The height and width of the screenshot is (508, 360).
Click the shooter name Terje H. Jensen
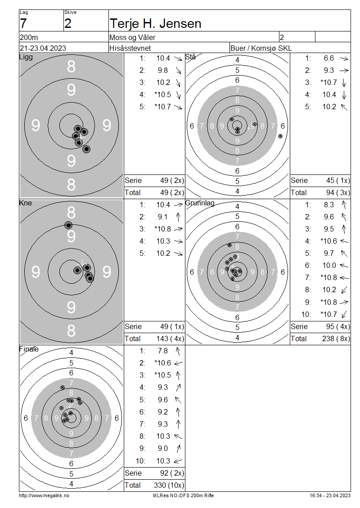(x=155, y=24)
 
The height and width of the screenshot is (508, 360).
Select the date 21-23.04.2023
(x=43, y=48)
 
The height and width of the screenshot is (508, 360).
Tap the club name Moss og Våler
(x=132, y=38)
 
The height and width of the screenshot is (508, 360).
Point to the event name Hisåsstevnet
(x=130, y=48)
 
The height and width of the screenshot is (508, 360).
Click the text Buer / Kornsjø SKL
(x=261, y=48)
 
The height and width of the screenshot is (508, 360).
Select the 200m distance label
(x=29, y=38)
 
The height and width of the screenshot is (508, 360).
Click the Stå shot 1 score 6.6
(x=328, y=58)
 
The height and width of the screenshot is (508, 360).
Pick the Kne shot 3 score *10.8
(x=162, y=229)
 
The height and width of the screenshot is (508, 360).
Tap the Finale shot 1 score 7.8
(x=163, y=351)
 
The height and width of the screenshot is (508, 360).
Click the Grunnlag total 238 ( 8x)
(x=336, y=339)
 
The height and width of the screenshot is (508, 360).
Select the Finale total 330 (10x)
(x=169, y=486)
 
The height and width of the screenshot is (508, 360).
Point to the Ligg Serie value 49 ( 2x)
(x=172, y=180)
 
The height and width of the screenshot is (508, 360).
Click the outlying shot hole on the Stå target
(x=280, y=136)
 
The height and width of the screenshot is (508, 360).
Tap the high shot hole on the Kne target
(x=68, y=225)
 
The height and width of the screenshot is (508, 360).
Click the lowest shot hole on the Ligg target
(x=86, y=149)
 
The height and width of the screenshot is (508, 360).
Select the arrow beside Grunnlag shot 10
(x=344, y=314)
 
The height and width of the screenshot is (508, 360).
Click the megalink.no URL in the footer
(x=44, y=495)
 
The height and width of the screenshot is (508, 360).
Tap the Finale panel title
(x=29, y=349)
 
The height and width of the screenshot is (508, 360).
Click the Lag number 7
(x=23, y=24)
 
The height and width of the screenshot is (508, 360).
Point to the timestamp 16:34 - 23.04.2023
(x=330, y=495)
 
